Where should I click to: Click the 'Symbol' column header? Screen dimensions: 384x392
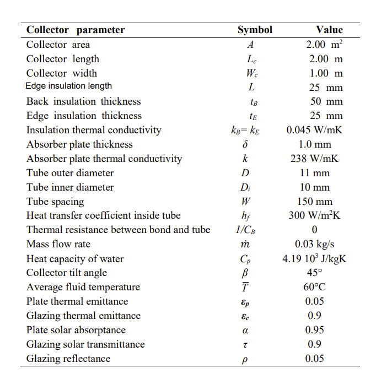pos(255,30)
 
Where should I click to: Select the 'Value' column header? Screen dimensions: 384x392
pos(329,30)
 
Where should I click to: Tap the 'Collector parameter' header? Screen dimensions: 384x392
pos(76,30)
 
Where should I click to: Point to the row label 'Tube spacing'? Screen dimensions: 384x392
pos(55,202)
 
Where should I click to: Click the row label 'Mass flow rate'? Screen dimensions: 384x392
pos(58,244)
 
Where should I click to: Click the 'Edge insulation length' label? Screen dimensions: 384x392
pos(69,86)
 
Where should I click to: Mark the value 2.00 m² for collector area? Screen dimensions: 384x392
pos(325,45)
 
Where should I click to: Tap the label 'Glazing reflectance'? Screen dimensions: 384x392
pos(68,359)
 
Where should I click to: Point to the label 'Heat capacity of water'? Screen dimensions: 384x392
pos(75,259)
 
